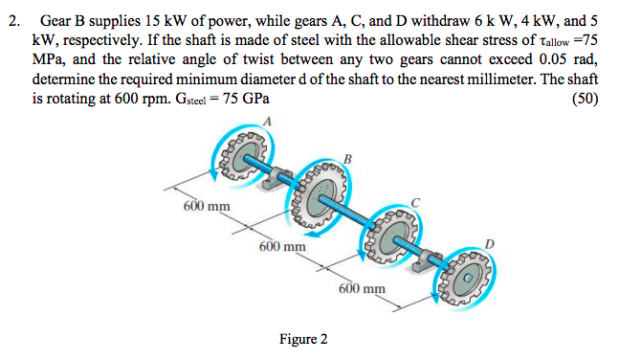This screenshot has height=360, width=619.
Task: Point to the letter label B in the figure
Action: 347,157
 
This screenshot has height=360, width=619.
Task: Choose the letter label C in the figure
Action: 415,202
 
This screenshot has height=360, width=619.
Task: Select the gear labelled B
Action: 323,197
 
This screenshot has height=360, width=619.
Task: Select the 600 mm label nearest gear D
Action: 363,288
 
